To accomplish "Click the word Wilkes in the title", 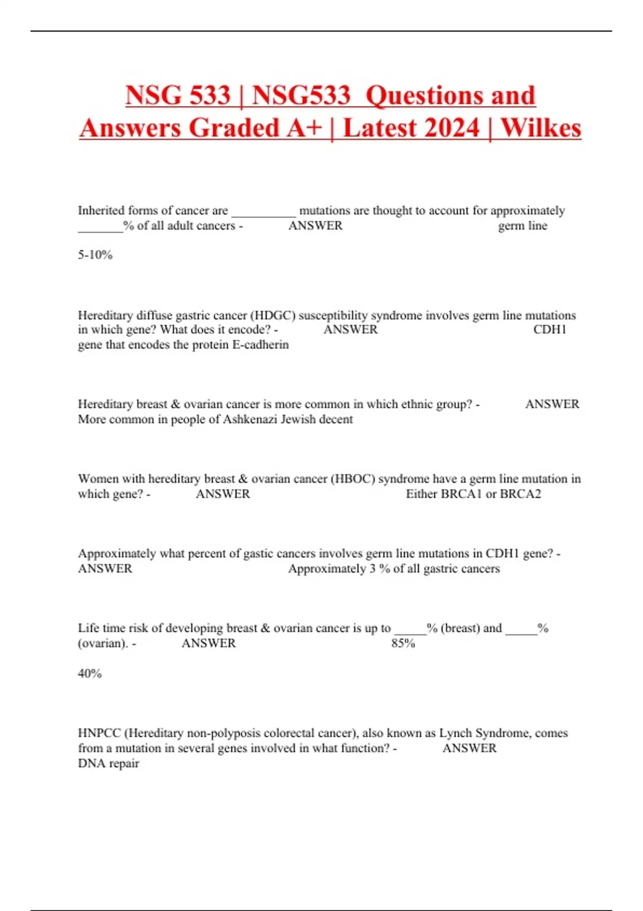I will pyautogui.click(x=541, y=128).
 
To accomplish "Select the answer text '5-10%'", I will pyautogui.click(x=95, y=255).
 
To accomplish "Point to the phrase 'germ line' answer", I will pyautogui.click(x=522, y=226).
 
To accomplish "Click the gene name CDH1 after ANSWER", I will pyautogui.click(x=550, y=330).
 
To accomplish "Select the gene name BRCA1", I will pyautogui.click(x=461, y=494).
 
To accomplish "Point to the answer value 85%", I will pyautogui.click(x=403, y=643).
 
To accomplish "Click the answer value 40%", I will pyautogui.click(x=89, y=673).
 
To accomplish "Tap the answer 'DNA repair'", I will pyautogui.click(x=108, y=763).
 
